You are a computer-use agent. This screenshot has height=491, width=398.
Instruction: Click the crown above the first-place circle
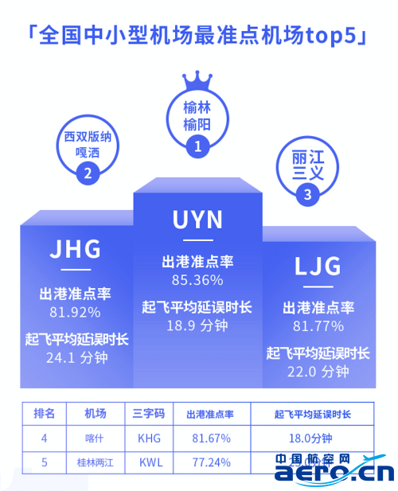click(x=197, y=81)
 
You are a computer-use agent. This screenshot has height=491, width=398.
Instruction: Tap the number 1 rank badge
click(x=197, y=146)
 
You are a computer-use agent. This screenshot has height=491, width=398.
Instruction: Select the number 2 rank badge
click(x=88, y=173)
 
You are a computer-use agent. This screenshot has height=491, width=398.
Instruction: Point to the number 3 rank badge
click(x=307, y=194)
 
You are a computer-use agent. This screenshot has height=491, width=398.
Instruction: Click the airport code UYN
click(x=197, y=220)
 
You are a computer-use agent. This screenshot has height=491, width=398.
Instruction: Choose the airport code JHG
click(x=76, y=249)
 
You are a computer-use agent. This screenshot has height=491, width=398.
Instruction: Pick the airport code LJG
click(x=318, y=266)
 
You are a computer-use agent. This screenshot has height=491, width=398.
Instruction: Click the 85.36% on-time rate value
click(x=197, y=280)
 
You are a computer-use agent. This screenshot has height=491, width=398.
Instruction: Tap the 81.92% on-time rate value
click(x=75, y=312)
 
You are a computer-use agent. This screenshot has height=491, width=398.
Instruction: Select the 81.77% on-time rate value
click(x=318, y=326)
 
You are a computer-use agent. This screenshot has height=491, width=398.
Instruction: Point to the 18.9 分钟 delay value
click(x=197, y=325)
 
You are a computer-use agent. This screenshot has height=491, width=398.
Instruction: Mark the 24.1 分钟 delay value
click(x=76, y=357)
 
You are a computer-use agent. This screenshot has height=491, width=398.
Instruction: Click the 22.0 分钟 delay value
click(x=318, y=372)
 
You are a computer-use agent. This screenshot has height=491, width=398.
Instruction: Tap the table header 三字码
click(x=149, y=414)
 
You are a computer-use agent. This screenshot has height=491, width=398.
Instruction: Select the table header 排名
click(x=44, y=414)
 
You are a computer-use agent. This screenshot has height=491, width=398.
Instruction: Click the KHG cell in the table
click(x=149, y=438)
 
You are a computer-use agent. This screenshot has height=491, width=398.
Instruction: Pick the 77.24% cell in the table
click(x=212, y=462)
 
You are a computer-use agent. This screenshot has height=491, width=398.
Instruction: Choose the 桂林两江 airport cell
click(x=96, y=462)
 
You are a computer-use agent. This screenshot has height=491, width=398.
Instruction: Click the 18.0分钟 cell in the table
click(x=310, y=438)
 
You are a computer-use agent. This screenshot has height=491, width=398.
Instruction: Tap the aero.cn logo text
click(x=334, y=473)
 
